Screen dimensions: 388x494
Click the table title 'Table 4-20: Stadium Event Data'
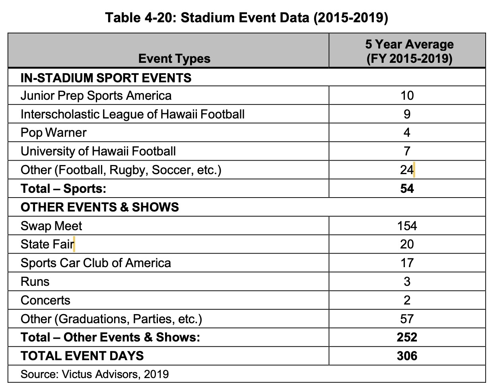[x=247, y=18]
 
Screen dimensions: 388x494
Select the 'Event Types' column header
[x=174, y=59]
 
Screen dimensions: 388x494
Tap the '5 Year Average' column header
[x=409, y=44]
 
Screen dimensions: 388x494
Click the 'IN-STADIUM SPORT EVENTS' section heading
[x=106, y=78]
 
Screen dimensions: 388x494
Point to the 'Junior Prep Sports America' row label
[x=96, y=96]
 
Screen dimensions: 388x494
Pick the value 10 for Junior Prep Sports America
[x=407, y=96]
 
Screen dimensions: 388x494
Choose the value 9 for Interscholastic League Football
[x=407, y=114]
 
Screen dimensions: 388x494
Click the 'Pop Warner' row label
[x=54, y=133]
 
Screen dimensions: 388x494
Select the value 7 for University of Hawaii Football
[x=407, y=151]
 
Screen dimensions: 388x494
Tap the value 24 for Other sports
[x=407, y=170]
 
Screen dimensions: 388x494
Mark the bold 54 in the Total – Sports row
[x=407, y=188]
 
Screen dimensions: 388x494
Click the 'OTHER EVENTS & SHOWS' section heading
[x=100, y=207]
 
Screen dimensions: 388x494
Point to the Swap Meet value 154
[x=407, y=226]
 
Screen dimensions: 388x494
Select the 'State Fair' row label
[x=47, y=244]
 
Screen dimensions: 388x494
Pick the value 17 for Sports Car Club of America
[x=407, y=263]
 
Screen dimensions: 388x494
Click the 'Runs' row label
[x=35, y=281]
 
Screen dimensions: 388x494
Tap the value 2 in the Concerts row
[x=407, y=300]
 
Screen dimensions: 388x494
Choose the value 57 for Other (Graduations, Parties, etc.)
[x=407, y=319]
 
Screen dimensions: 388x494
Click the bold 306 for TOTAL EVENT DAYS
[x=407, y=356]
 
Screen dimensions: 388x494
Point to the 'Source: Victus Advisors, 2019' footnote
[x=95, y=374]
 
